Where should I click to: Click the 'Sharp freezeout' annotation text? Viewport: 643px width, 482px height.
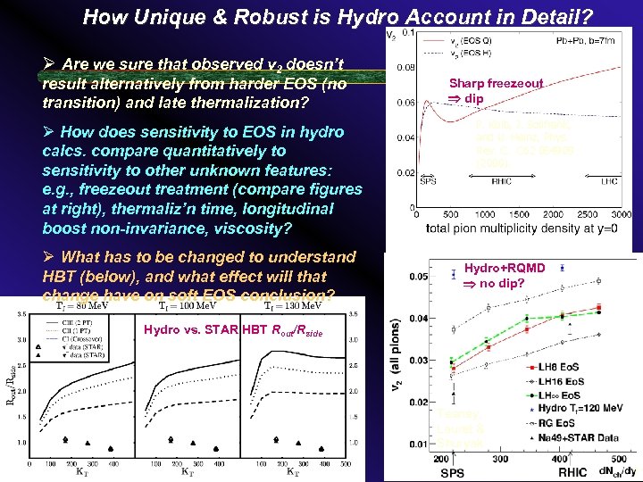click(496, 83)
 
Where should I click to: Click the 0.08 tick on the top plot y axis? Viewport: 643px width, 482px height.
click(406, 67)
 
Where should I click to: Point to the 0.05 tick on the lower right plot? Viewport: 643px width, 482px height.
click(414, 278)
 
